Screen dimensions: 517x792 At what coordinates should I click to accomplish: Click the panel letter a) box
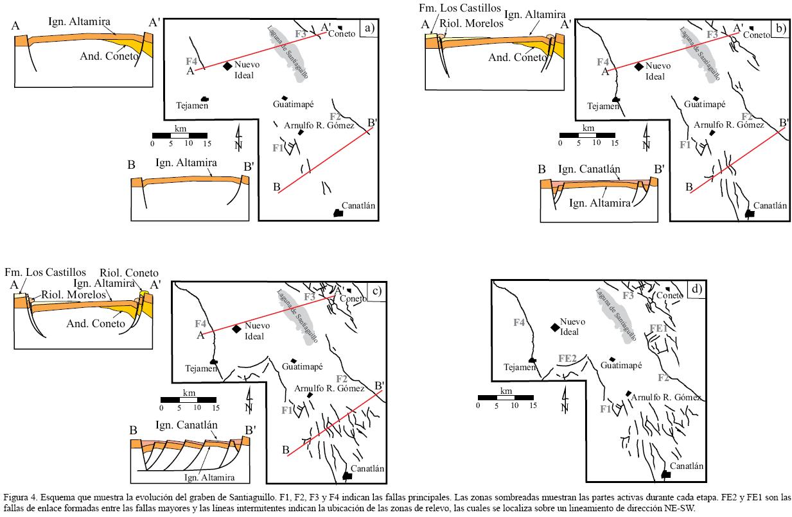coord(369,28)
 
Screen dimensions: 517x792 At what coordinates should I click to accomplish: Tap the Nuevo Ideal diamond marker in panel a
coord(227,65)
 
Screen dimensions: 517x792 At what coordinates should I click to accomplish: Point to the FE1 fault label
coord(658,328)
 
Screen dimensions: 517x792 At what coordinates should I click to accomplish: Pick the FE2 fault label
coord(567,358)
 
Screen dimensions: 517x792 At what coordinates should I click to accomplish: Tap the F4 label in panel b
coord(603,62)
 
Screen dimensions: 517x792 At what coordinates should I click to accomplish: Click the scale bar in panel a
coord(179,135)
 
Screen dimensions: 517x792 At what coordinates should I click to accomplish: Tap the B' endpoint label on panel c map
coord(379,386)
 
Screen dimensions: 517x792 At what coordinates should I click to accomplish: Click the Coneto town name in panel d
coord(670,296)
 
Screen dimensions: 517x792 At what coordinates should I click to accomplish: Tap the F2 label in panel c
coord(341,378)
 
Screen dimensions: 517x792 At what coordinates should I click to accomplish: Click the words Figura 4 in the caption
coord(20,497)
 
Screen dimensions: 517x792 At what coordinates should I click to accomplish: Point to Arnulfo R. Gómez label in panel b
coord(729,125)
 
